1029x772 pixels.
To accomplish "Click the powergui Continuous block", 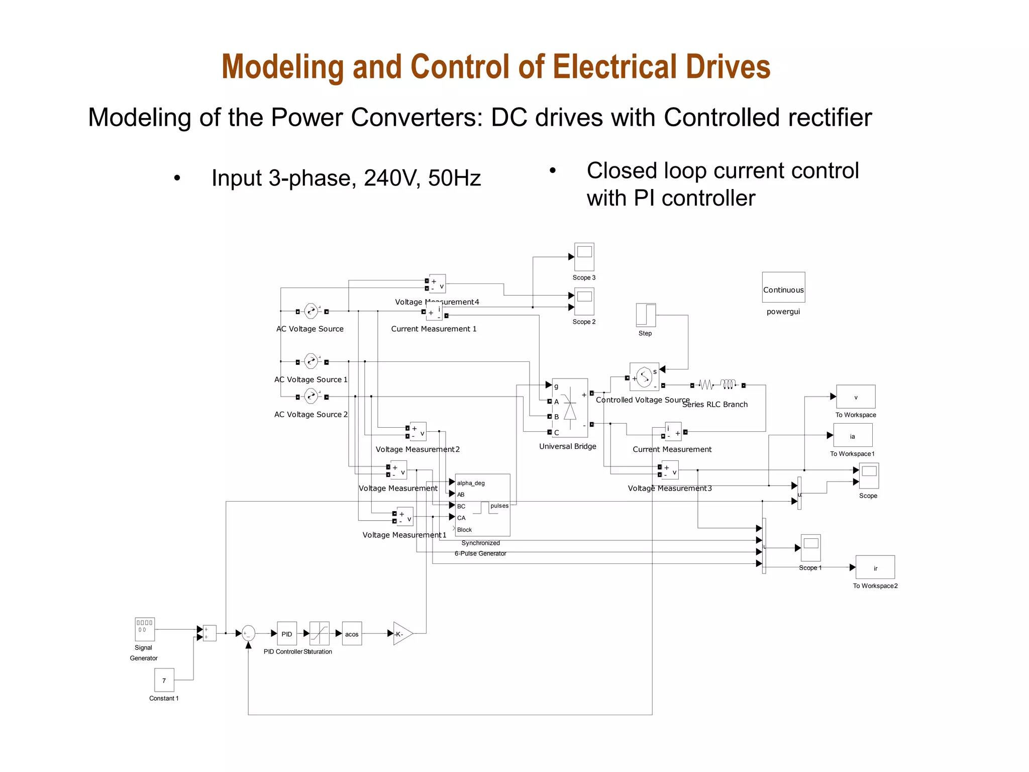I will [x=783, y=287].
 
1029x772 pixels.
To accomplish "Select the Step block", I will [x=646, y=316].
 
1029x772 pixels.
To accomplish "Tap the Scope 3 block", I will [x=584, y=257].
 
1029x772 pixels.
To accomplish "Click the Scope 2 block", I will [x=584, y=301].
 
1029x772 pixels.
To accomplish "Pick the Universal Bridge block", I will [x=570, y=408].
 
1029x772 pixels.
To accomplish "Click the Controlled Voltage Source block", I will [x=644, y=377].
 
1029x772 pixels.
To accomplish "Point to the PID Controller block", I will [x=287, y=634].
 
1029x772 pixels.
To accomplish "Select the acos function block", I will [x=352, y=634].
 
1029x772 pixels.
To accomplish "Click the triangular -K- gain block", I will [x=402, y=634].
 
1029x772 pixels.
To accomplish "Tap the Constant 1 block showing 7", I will [x=164, y=680].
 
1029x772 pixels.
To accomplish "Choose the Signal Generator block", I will [x=145, y=629].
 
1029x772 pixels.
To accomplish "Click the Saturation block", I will [x=320, y=634].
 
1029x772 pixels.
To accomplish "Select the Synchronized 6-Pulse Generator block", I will [x=482, y=505].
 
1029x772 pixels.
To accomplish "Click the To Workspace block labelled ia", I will [x=853, y=435].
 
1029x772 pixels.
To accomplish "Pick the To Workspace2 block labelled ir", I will [x=875, y=567].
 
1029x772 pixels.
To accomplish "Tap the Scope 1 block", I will [x=811, y=547].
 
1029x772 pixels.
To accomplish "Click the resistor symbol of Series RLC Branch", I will [x=706, y=385].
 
